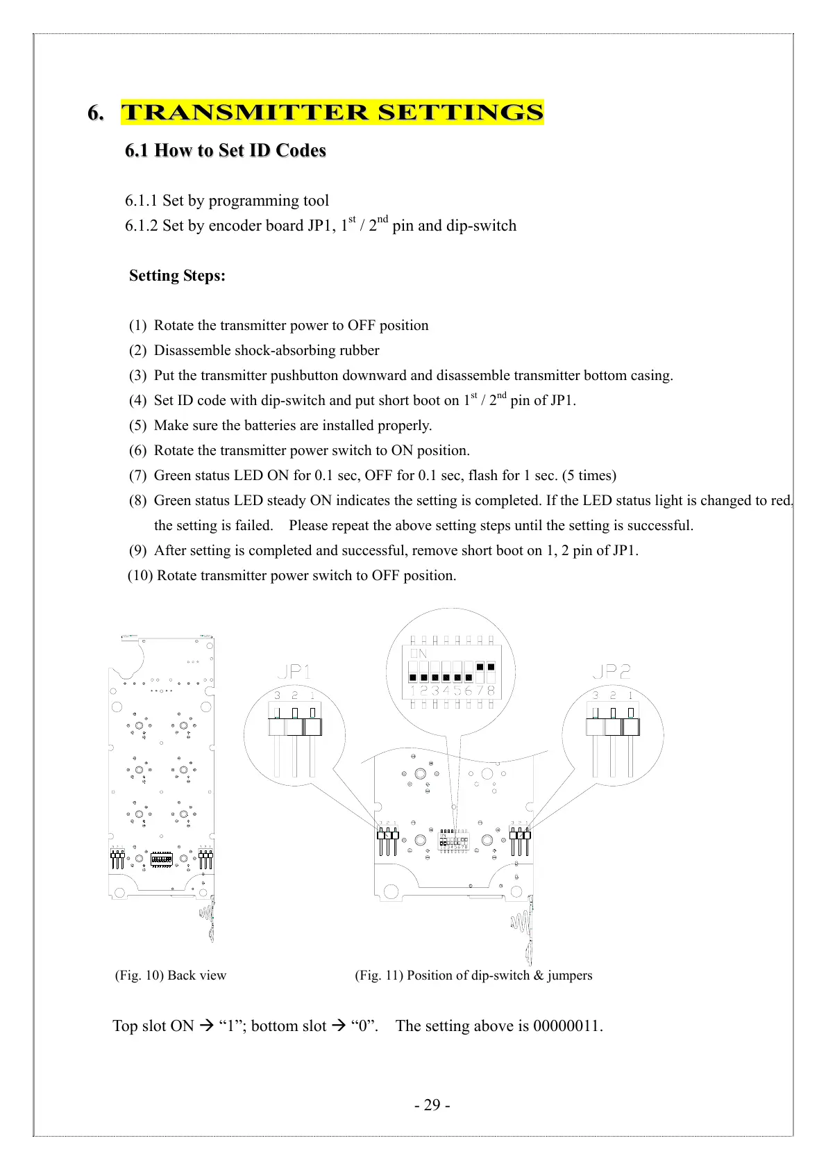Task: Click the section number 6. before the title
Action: click(x=96, y=113)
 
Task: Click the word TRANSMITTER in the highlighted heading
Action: click(x=245, y=113)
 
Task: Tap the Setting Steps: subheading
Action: click(x=177, y=276)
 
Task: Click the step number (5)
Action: click(x=137, y=425)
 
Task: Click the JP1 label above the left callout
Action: click(x=294, y=671)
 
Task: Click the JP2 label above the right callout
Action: click(x=611, y=671)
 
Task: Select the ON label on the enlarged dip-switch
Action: click(x=419, y=654)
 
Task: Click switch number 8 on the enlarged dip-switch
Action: click(x=491, y=691)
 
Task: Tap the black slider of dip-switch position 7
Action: click(x=480, y=667)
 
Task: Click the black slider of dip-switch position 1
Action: click(x=414, y=677)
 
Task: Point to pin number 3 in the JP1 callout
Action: click(x=278, y=695)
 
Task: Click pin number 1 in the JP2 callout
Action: click(x=630, y=695)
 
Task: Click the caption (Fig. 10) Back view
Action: click(x=171, y=975)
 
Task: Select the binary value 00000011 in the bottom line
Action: click(x=567, y=1026)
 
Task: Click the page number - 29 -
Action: click(x=432, y=1105)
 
